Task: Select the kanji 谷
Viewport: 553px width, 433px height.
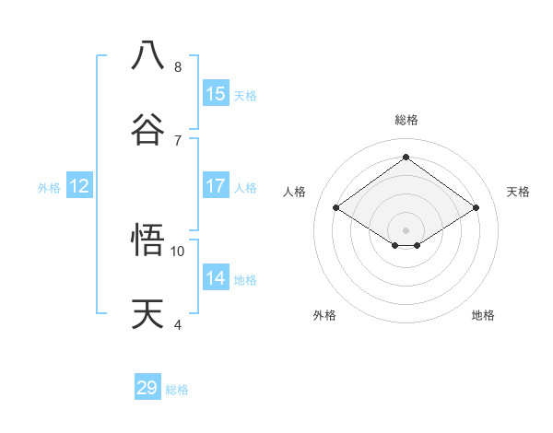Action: (x=148, y=128)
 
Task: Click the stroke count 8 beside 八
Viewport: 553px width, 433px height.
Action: (x=178, y=67)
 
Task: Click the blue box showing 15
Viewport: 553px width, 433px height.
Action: (x=216, y=94)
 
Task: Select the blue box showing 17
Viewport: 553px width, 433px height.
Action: (x=216, y=186)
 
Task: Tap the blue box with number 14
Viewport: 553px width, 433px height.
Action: (x=216, y=278)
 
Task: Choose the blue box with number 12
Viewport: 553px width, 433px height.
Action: (x=79, y=186)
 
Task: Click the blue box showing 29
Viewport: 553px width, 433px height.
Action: (x=147, y=388)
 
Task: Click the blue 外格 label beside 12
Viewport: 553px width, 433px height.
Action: (x=49, y=188)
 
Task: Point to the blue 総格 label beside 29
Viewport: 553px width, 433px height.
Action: (x=177, y=390)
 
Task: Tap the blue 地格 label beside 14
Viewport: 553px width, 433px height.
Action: (x=245, y=280)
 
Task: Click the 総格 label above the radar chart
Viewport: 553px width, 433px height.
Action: (x=406, y=120)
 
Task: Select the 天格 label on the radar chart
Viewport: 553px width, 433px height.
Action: (x=518, y=192)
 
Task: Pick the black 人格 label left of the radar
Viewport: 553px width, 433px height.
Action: (x=295, y=192)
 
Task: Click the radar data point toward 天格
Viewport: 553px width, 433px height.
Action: (x=476, y=208)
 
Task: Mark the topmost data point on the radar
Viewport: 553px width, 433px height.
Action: (x=406, y=157)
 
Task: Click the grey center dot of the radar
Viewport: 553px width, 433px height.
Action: (x=406, y=229)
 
